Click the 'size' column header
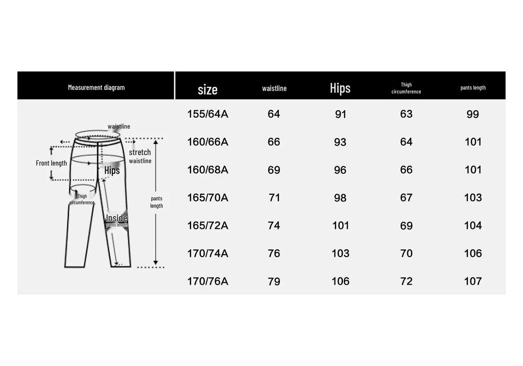[207, 89]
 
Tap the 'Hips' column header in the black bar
[340, 88]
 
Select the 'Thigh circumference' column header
[406, 88]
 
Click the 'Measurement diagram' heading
[96, 87]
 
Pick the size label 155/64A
[207, 114]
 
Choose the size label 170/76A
[207, 281]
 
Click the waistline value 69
[274, 170]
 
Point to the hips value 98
[340, 198]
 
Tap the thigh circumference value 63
[406, 114]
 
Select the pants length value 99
[472, 114]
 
